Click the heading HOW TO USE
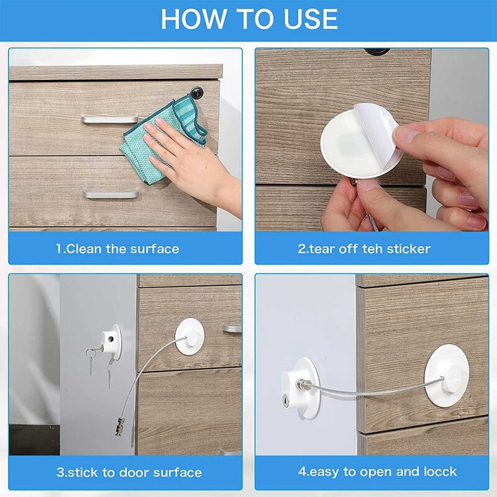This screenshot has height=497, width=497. tap(249, 19)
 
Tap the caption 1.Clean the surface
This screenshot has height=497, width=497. tap(117, 249)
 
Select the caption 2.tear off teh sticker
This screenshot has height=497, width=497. tap(363, 249)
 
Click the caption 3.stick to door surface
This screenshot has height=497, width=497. tap(129, 472)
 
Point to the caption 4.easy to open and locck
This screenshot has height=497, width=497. tap(377, 472)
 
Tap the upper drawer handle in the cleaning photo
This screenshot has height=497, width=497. tap(109, 119)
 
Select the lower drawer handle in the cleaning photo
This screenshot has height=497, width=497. tap(111, 194)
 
